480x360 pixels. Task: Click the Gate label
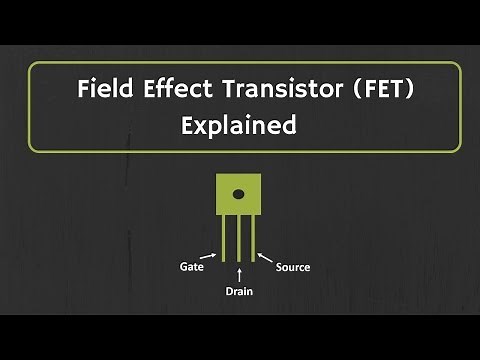click(193, 267)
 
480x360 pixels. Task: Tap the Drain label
click(238, 293)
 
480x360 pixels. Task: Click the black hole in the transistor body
click(238, 195)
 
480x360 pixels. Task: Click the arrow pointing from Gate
click(212, 258)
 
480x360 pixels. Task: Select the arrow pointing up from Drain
click(238, 274)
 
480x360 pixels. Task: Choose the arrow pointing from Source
click(266, 258)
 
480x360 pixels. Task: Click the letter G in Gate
click(184, 267)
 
